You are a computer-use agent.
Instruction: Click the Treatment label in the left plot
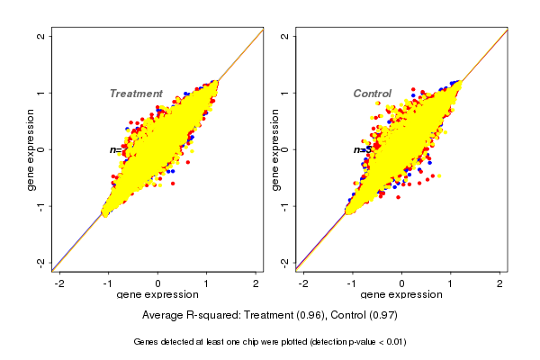[136, 94]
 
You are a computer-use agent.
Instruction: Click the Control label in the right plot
[373, 94]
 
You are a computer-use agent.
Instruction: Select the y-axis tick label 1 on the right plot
[285, 93]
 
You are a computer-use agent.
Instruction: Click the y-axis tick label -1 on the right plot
[285, 206]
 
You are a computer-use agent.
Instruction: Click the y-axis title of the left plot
[31, 149]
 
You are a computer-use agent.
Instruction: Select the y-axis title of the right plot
[275, 149]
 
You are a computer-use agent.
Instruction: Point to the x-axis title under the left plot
[157, 295]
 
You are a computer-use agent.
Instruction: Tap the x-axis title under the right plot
[401, 295]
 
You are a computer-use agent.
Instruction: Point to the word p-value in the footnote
[350, 342]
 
